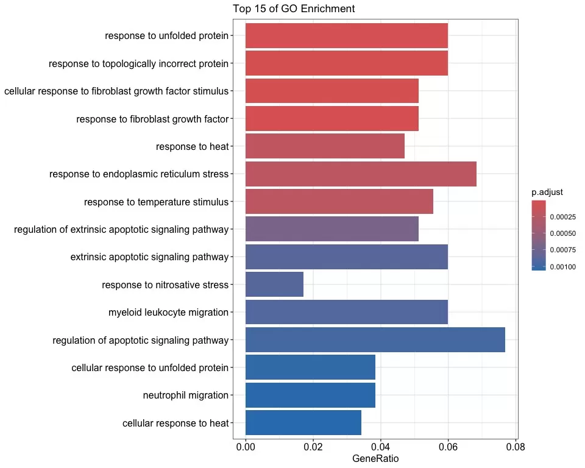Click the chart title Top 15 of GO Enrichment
[x=294, y=9]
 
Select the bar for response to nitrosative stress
[x=274, y=285]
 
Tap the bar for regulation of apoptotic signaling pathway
[x=375, y=339]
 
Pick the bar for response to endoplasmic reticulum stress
[x=361, y=174]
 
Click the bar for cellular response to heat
[x=303, y=423]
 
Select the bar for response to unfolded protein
[x=346, y=35]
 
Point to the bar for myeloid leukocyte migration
[x=346, y=312]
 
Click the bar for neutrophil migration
[x=310, y=395]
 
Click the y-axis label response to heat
[x=192, y=146]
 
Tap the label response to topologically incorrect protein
[x=138, y=63]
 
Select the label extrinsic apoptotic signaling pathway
[x=149, y=257]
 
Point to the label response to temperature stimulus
[x=156, y=202]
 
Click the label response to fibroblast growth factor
[x=152, y=119]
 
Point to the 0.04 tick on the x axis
[x=381, y=446]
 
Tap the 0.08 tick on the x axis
[x=516, y=446]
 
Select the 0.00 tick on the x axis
[x=246, y=446]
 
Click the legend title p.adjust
[x=547, y=193]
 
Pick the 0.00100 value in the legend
[x=562, y=266]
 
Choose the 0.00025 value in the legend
[x=562, y=216]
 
